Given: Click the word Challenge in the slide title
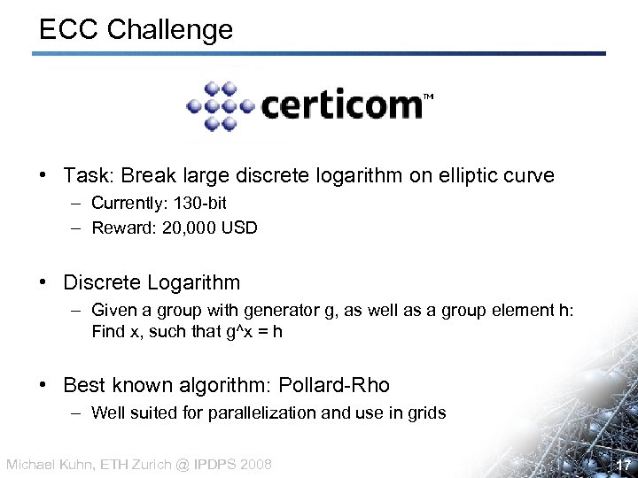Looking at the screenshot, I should [x=170, y=29].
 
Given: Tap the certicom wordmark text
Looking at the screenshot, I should [x=341, y=106].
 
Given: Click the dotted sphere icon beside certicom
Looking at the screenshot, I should [x=219, y=106].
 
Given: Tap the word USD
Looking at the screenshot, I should [x=239, y=228].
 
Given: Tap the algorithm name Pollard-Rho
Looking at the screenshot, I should [x=334, y=386].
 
